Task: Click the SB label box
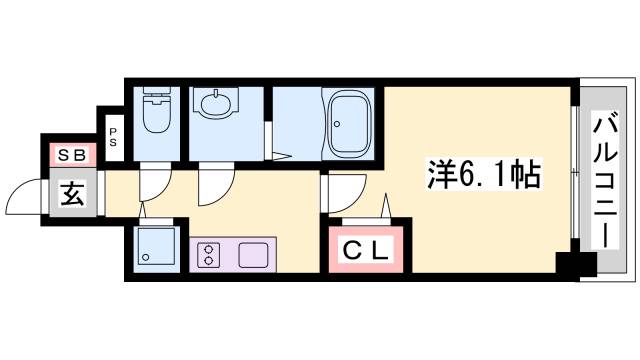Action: point(71,155)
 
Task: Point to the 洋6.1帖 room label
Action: point(481,176)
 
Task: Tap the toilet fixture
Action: point(156,115)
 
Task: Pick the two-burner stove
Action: point(210,254)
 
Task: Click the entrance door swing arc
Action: point(25,197)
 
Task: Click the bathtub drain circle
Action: point(336,126)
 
